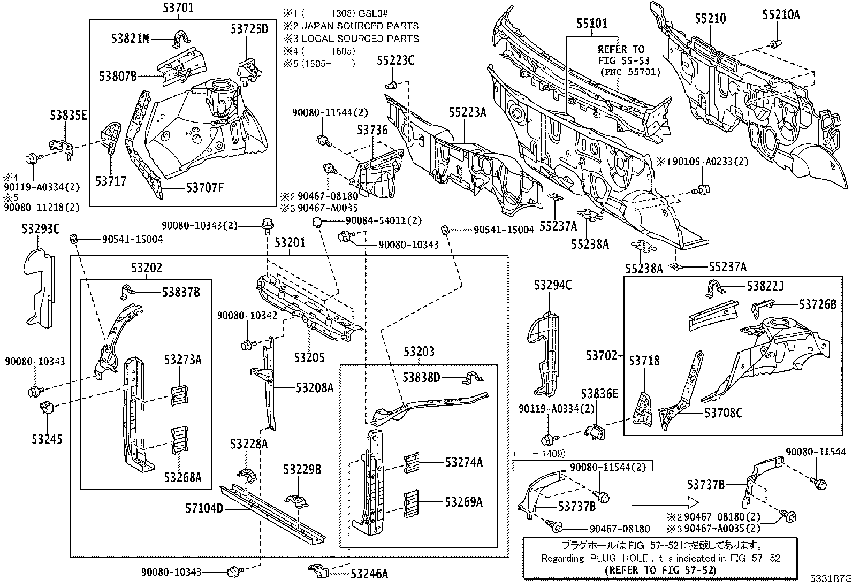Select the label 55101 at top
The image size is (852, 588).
tap(592, 24)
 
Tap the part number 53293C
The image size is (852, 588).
tap(41, 229)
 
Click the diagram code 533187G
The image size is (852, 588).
tap(830, 579)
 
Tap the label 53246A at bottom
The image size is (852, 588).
tap(369, 574)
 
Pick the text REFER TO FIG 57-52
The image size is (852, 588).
tap(660, 570)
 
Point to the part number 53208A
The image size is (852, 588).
tap(314, 388)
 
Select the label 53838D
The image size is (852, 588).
tap(421, 378)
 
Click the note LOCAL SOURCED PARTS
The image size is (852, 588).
tap(360, 39)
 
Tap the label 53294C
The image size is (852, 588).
tap(552, 286)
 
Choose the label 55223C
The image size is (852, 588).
tap(395, 60)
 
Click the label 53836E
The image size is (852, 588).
tap(599, 394)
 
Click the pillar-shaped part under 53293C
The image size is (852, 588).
tap(40, 286)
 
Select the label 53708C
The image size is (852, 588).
tap(723, 413)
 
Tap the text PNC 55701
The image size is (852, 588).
tap(629, 71)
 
